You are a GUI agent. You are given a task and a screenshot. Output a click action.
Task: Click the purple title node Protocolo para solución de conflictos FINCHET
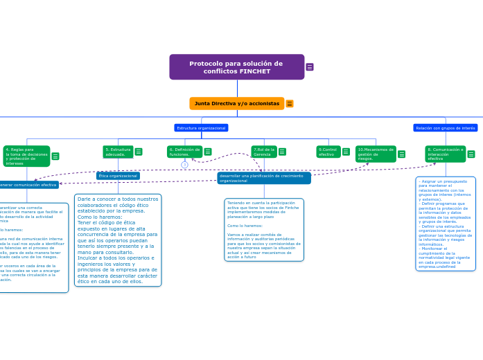pyautogui.click(x=236, y=67)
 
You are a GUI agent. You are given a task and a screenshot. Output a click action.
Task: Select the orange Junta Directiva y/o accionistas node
pyautogui.click(x=236, y=104)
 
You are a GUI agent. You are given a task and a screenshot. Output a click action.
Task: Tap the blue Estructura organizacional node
pyautogui.click(x=201, y=128)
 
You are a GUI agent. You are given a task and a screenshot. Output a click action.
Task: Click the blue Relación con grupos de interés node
pyautogui.click(x=445, y=128)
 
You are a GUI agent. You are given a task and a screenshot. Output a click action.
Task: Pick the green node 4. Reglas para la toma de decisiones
pyautogui.click(x=26, y=156)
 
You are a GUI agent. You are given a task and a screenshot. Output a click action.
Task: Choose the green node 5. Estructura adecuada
pyautogui.click(x=118, y=152)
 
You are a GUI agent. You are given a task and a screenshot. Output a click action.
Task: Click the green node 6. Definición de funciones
pyautogui.click(x=184, y=152)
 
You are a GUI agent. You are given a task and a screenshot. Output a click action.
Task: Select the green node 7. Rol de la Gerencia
pyautogui.click(x=264, y=152)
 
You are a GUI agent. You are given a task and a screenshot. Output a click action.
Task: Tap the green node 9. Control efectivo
pyautogui.click(x=328, y=152)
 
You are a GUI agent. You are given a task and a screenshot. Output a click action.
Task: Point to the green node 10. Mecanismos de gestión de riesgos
pyautogui.click(x=376, y=154)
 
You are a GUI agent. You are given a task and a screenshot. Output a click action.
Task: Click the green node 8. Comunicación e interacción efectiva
pyautogui.click(x=445, y=154)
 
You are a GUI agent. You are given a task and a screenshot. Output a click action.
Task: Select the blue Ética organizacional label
pyautogui.click(x=118, y=176)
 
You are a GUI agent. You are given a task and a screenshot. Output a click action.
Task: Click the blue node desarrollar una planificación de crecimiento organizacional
pyautogui.click(x=263, y=178)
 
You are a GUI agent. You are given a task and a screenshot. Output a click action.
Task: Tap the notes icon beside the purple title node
pyautogui.click(x=310, y=67)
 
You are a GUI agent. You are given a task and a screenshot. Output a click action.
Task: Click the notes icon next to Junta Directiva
pyautogui.click(x=290, y=104)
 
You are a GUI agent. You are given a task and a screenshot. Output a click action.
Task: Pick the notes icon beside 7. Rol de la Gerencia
pyautogui.click(x=282, y=152)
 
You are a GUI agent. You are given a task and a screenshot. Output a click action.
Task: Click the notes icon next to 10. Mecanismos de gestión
pyautogui.click(x=401, y=154)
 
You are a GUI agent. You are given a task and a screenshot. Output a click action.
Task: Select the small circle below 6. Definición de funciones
pyautogui.click(x=184, y=165)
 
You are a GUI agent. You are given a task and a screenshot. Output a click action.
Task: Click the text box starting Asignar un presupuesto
pyautogui.click(x=446, y=224)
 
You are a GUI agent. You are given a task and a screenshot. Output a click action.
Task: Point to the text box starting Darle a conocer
pyautogui.click(x=118, y=240)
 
